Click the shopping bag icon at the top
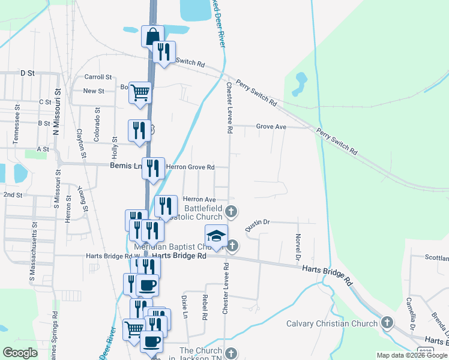point(153,36)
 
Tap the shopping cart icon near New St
point(140,93)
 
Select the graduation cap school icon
point(217,235)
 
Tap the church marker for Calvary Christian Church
point(387,323)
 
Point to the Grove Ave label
point(271,127)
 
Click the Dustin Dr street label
point(258,223)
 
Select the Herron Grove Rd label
point(190,167)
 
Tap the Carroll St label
point(98,77)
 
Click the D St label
point(28,73)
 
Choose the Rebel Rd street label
point(205,307)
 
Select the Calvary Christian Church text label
point(332,324)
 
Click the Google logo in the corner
point(20,353)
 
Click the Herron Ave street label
point(199,199)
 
